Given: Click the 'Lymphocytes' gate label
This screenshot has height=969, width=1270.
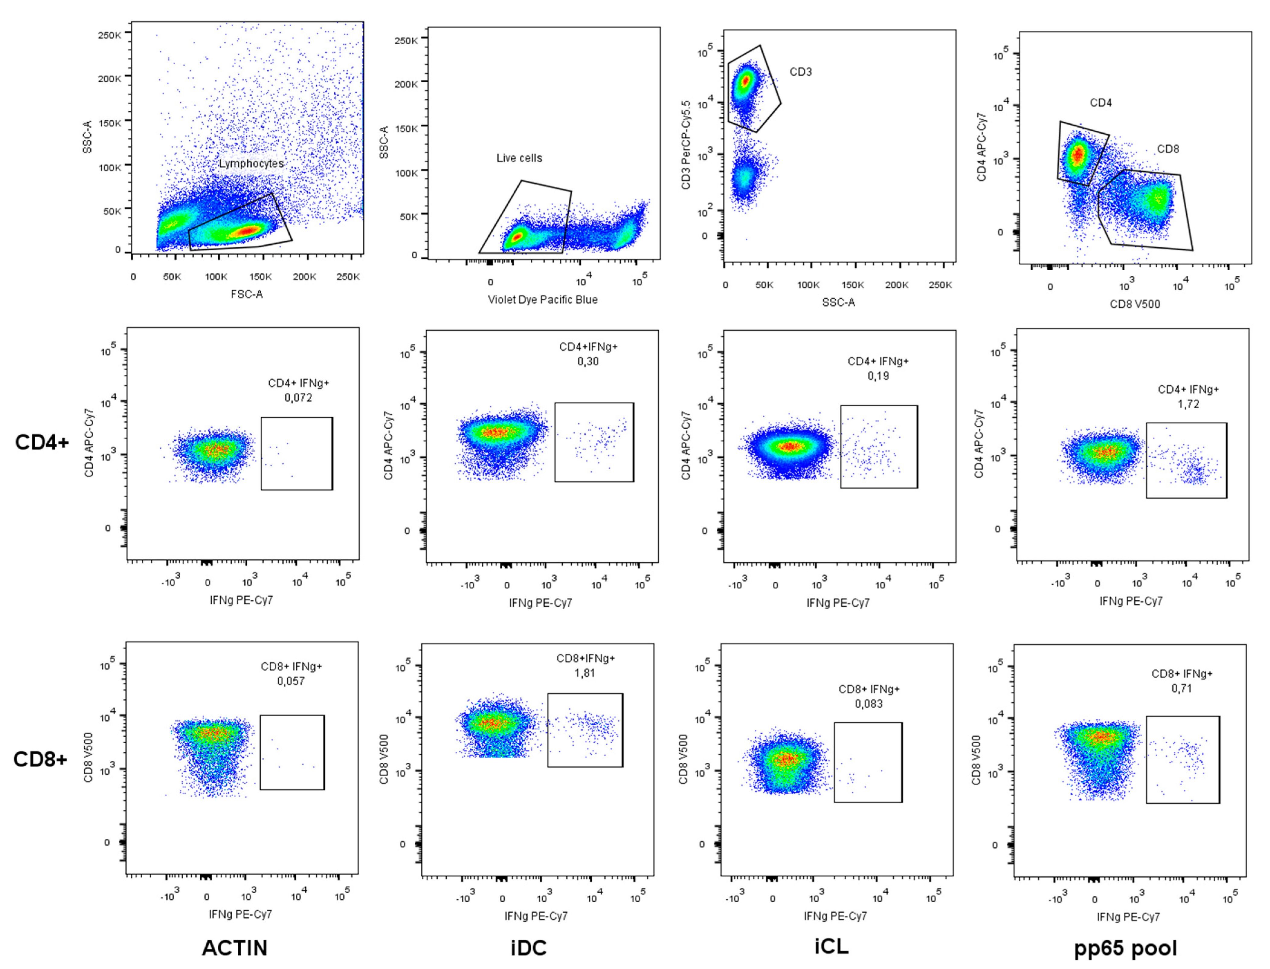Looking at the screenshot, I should [x=251, y=164].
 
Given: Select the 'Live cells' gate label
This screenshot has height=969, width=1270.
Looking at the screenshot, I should [x=519, y=158].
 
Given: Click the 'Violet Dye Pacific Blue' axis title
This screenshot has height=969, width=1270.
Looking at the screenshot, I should [x=543, y=299].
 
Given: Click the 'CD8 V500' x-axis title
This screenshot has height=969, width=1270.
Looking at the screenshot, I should [x=1134, y=304].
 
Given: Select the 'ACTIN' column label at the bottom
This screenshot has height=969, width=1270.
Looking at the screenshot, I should [x=234, y=948].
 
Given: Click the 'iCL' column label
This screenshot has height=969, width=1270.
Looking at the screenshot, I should [x=831, y=946].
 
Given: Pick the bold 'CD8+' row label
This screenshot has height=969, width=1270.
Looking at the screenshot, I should [x=40, y=759].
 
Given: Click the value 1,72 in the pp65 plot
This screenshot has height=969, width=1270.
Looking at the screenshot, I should [x=1188, y=404].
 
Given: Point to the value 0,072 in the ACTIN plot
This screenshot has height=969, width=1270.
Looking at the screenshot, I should [x=298, y=397].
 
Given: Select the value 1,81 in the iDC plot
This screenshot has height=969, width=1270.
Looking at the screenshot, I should [x=585, y=672].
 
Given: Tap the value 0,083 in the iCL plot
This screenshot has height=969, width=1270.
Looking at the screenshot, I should [x=869, y=704].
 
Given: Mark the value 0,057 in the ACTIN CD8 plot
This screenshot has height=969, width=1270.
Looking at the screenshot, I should [x=291, y=681].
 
